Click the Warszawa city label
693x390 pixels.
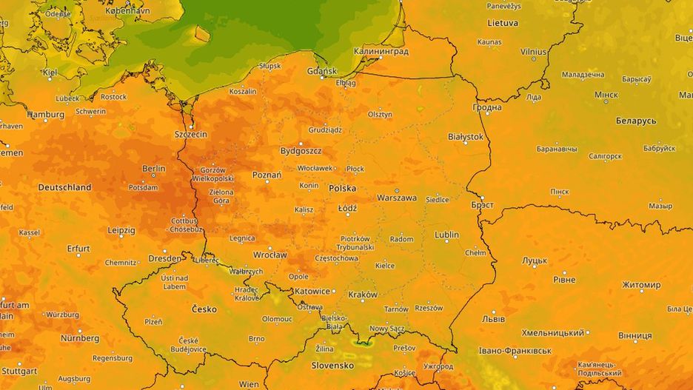(397, 198)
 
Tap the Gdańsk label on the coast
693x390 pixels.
(321, 71)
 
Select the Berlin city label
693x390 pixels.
(153, 169)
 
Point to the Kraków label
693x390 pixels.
(362, 295)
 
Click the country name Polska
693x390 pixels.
(343, 189)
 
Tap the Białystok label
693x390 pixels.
(466, 137)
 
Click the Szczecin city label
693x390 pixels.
(190, 135)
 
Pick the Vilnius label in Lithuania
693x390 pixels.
(533, 52)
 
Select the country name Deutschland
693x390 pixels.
(65, 188)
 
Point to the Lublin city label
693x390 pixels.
(446, 235)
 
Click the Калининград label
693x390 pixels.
(381, 52)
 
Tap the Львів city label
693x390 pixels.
(494, 319)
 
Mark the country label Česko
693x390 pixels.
(204, 309)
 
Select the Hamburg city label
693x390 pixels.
(46, 115)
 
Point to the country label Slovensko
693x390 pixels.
(332, 366)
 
